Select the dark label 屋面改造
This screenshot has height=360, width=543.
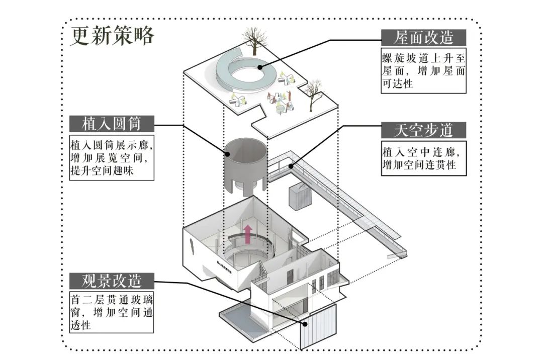pos(423,37)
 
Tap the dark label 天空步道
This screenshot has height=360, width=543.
pos(423,130)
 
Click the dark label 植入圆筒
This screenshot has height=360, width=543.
pos(112,124)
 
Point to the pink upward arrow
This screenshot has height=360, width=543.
pos(247,234)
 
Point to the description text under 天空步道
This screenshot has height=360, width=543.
pos(423,158)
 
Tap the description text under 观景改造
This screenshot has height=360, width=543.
pos(112,312)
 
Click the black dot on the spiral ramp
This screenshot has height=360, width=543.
pos(259,67)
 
